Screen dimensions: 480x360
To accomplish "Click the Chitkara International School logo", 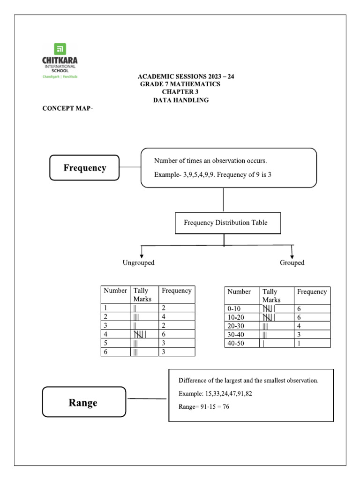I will tap(60, 61).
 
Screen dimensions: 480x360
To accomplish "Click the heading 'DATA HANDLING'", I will tap(180, 100).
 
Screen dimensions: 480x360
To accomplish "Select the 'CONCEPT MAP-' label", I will tap(68, 109).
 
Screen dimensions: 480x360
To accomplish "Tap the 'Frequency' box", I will tap(85, 168).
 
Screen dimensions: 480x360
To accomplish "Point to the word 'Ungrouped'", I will tap(138, 263).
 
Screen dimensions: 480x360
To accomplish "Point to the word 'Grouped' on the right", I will tap(292, 263).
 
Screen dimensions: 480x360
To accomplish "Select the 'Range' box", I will tap(83, 403).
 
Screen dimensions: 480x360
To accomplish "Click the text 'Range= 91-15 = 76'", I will tap(204, 406).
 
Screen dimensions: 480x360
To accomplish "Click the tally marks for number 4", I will tap(141, 334).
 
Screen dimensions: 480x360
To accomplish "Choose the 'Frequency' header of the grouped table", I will tap(312, 292).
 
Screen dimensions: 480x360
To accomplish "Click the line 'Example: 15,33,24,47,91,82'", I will tap(215, 394).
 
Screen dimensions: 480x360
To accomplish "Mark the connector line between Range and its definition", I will tap(147, 399).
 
